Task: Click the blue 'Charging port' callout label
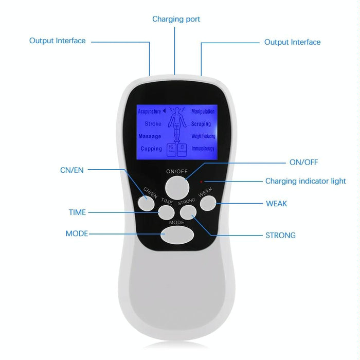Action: tap(176, 19)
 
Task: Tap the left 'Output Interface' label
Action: tap(57, 41)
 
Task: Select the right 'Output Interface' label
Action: tap(292, 42)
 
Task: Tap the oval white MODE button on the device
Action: tap(178, 235)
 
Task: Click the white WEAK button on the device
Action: tap(207, 203)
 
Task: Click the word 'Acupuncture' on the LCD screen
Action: tap(149, 111)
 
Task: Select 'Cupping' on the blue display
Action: tap(151, 149)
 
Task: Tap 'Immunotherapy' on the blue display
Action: tap(203, 149)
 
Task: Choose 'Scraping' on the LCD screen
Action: tap(201, 124)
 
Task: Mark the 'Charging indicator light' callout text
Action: tap(305, 181)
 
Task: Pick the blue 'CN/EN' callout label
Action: tap(71, 170)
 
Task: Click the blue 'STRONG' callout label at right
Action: tap(280, 236)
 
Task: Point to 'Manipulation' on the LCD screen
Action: tap(203, 111)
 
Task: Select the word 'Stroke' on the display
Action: tap(153, 124)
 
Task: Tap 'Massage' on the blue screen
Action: tap(150, 136)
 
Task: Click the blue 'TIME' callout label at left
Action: tap(77, 212)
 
